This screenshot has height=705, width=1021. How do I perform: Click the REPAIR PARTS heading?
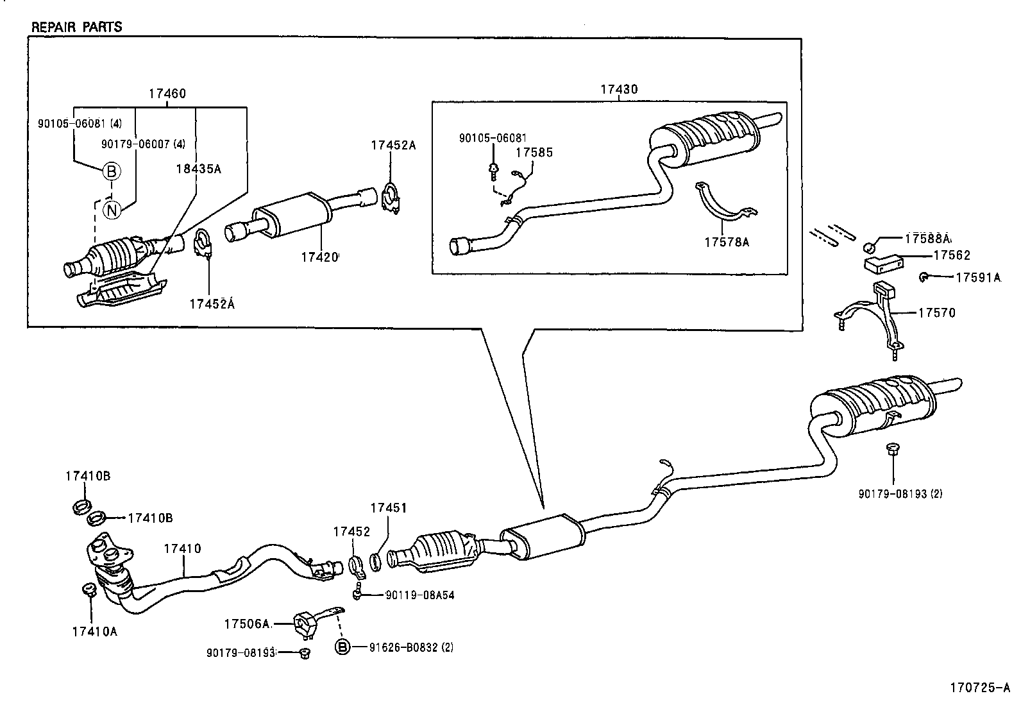(76, 27)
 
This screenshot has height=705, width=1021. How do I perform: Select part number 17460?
(167, 94)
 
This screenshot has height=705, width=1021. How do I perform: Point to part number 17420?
(319, 257)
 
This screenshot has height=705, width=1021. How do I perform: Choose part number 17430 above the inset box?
(619, 90)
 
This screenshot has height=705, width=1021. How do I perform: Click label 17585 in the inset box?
(535, 153)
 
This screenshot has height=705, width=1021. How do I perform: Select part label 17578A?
(726, 242)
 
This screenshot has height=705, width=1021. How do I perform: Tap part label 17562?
(951, 255)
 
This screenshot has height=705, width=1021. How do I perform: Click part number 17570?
(936, 313)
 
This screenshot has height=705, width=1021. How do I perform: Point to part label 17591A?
(977, 277)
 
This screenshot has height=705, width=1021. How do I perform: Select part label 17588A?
(927, 238)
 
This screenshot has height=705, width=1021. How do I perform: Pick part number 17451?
(388, 507)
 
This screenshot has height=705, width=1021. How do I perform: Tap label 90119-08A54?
(419, 595)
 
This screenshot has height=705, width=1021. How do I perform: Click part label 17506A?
(246, 624)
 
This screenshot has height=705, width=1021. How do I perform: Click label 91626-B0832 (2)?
(411, 647)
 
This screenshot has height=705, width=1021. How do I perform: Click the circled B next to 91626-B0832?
(342, 647)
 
